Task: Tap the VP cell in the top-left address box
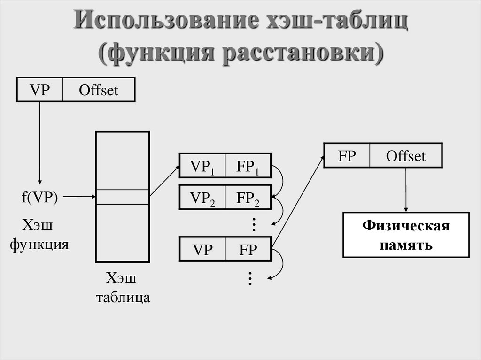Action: pos(40,90)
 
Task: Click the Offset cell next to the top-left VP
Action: pos(99,90)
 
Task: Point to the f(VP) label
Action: pos(39,197)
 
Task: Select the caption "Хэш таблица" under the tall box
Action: pos(123,287)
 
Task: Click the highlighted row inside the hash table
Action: pos(123,197)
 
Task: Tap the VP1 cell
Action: pos(202,165)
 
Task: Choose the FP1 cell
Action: pos(248,165)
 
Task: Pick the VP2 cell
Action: pos(202,198)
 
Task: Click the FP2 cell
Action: pos(248,198)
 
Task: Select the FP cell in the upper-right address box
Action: pos(347,156)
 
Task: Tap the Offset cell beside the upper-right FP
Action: pos(406,156)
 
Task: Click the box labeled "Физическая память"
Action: pos(406,235)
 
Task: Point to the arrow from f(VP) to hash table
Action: pos(79,197)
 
